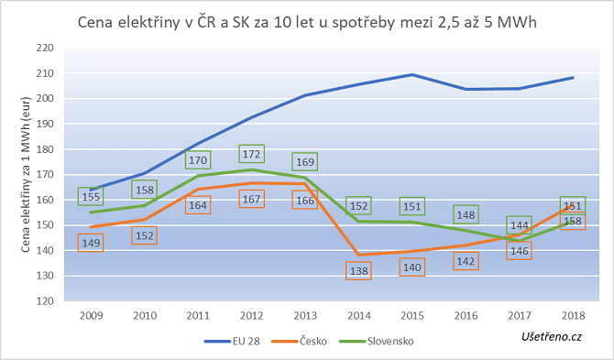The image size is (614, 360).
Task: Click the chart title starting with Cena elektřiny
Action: tap(307, 22)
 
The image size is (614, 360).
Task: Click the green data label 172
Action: tap(252, 153)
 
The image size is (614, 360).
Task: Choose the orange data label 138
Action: tap(359, 271)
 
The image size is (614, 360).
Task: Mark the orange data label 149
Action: tap(91, 243)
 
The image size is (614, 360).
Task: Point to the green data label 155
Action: tap(91, 196)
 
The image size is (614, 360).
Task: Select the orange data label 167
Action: tap(252, 200)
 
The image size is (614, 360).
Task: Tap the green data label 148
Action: tap(466, 215)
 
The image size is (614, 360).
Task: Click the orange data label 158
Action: tap(573, 221)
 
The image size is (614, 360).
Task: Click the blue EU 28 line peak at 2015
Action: tap(412, 74)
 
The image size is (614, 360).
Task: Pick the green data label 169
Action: tap(305, 162)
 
